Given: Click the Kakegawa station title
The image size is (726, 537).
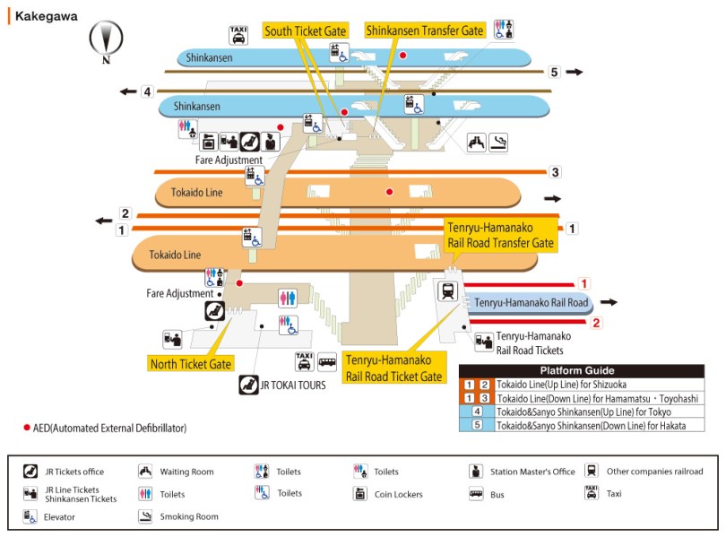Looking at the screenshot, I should [46, 16].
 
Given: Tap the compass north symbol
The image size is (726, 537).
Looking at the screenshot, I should [106, 39].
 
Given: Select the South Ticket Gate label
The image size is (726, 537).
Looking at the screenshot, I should [305, 31].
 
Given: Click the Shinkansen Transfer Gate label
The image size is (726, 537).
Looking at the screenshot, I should [425, 30].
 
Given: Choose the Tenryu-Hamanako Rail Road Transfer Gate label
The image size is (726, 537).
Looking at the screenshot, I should [501, 236].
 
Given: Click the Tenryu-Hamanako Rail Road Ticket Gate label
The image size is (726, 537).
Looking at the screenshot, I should [394, 368].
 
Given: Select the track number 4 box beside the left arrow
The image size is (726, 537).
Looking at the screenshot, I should [147, 91].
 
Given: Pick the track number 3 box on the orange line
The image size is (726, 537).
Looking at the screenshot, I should [555, 172].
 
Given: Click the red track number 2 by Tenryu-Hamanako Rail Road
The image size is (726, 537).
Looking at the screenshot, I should [596, 323].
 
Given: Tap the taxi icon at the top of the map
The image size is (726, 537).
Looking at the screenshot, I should [238, 35].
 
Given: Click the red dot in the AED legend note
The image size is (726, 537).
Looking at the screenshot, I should [27, 428].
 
